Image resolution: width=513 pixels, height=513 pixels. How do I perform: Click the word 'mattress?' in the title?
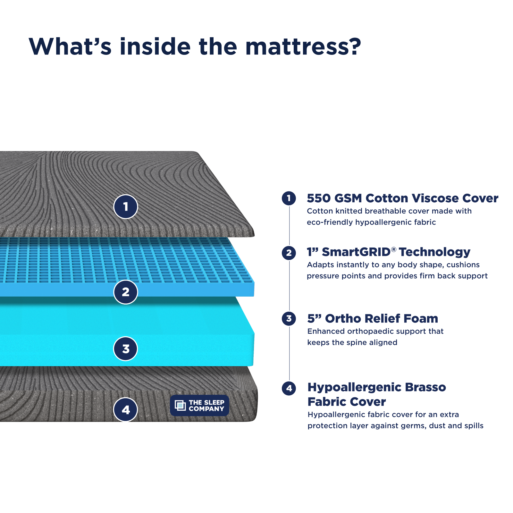click(303, 47)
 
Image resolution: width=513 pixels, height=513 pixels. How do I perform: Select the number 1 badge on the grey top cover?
click(126, 206)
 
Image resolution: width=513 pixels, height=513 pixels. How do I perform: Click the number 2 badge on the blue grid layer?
click(126, 292)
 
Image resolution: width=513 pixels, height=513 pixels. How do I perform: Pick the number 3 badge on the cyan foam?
click(126, 349)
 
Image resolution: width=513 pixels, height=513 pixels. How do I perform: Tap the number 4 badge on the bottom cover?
click(126, 410)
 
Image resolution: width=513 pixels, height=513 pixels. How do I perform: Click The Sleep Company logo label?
click(199, 406)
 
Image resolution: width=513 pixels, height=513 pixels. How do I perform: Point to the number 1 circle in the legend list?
click(289, 198)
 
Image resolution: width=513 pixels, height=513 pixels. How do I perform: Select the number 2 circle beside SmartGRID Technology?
click(289, 253)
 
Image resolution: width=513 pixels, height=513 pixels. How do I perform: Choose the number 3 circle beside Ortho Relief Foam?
click(289, 319)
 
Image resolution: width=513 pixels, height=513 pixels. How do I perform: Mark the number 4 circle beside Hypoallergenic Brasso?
click(289, 388)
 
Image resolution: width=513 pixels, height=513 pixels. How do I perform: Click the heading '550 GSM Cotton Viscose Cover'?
click(402, 198)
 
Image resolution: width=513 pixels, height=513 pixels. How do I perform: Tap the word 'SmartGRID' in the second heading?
click(356, 252)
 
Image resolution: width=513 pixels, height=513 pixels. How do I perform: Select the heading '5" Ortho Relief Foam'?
click(373, 319)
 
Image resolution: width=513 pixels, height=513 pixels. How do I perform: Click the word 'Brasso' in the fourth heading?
click(425, 387)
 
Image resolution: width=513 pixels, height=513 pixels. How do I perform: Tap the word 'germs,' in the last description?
click(414, 426)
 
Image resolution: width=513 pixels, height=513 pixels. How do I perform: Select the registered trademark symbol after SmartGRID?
click(394, 249)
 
